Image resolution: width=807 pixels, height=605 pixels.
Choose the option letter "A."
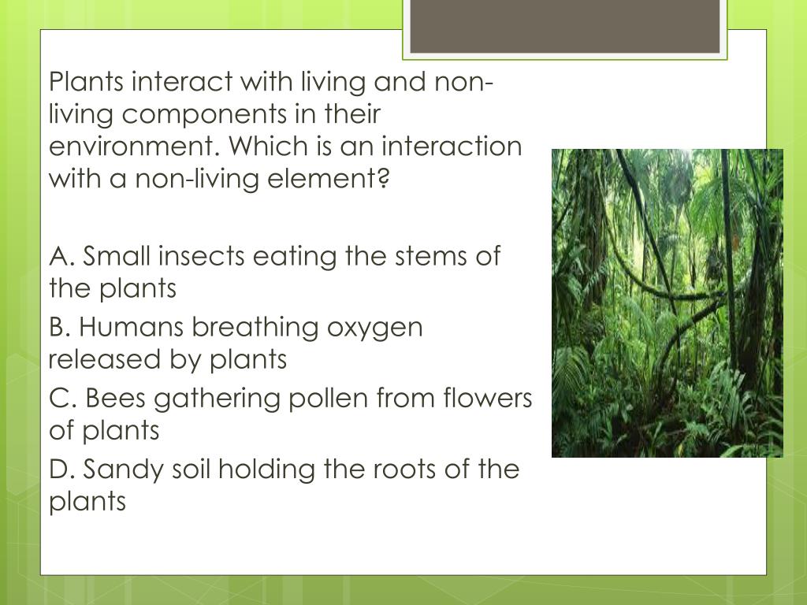[x=62, y=256]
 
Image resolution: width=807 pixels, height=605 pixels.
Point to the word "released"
[x=105, y=359]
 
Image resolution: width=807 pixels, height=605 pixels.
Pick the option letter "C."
[x=62, y=399]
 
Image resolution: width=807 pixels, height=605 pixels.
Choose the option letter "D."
[x=62, y=470]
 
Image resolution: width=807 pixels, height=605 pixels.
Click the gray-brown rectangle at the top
[x=565, y=27]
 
